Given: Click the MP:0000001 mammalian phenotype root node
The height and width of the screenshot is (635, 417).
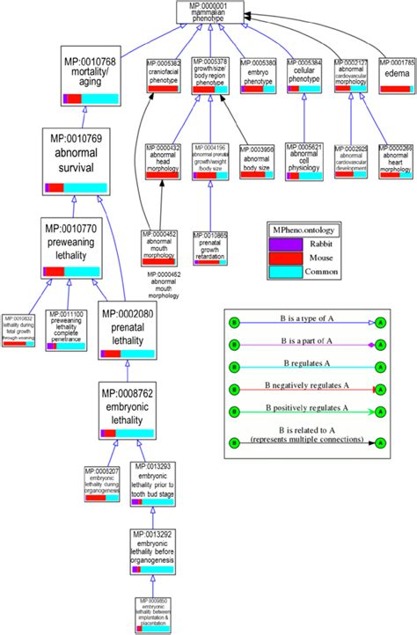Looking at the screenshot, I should coord(208,11).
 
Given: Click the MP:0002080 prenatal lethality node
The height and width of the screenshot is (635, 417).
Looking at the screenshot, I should coord(127,330).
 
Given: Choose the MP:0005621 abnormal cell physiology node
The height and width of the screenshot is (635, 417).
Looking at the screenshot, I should coord(304,162).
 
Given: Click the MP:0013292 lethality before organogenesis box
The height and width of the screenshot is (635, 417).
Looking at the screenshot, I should coord(153,551).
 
